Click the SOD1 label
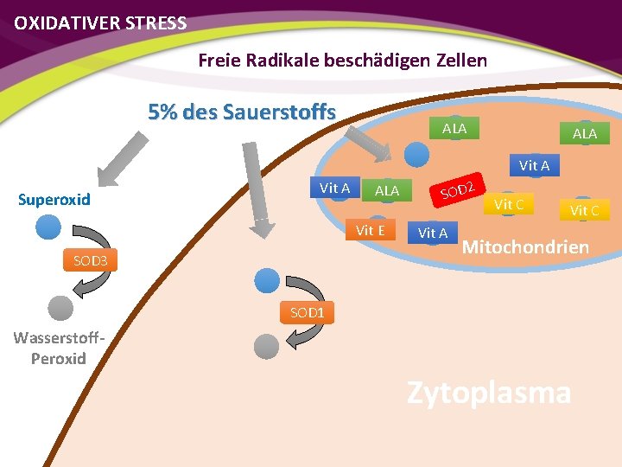point(307,312)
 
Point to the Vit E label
point(370,230)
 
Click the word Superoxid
point(54,200)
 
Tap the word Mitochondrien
point(526,247)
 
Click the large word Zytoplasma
point(489,393)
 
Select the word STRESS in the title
point(155,23)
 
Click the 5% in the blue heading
point(164,112)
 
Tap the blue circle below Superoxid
point(48,227)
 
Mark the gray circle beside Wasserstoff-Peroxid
point(60,307)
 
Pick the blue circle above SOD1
point(268,278)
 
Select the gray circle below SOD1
point(267,346)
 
